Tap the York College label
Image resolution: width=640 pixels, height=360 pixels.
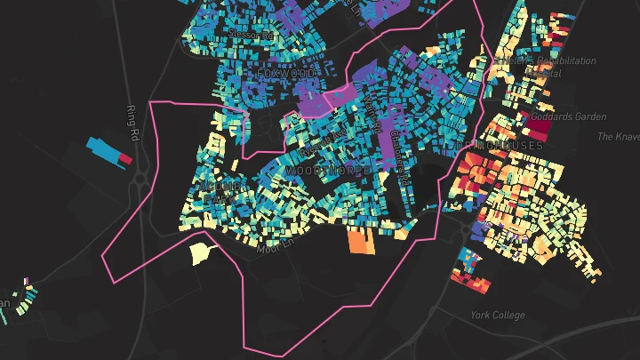[498, 315]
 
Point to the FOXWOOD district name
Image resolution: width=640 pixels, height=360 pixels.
[285, 71]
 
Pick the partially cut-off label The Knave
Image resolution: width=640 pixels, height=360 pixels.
[619, 136]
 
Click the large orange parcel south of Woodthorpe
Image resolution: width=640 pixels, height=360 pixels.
[359, 241]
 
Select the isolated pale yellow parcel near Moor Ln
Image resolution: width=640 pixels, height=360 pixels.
[202, 252]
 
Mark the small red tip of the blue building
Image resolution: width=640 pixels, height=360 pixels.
[125, 160]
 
